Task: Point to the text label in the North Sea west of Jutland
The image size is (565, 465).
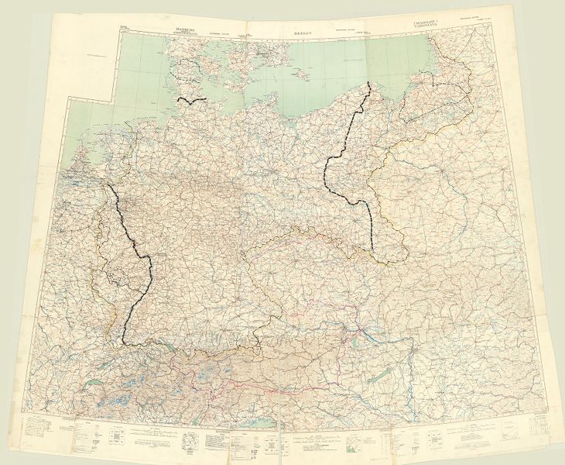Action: (x=105, y=57)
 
